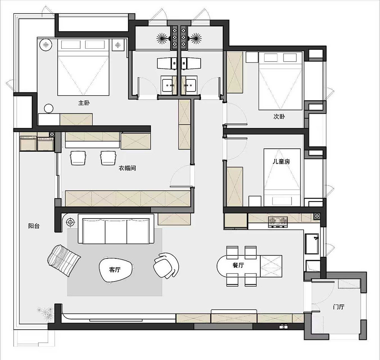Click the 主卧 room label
pyautogui.click(x=84, y=103)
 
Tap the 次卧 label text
pyautogui.click(x=279, y=117)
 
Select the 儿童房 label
pyautogui.click(x=281, y=162)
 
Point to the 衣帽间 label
pyautogui.click(x=127, y=168)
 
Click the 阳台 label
pyautogui.click(x=34, y=226)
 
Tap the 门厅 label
pyautogui.click(x=339, y=307)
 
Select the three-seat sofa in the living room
pyautogui.click(x=116, y=229)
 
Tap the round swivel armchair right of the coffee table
pyautogui.click(x=166, y=265)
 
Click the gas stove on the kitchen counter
pyautogui.click(x=278, y=222)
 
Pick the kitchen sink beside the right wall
pyautogui.click(x=312, y=244)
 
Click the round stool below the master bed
pyautogui.click(x=49, y=108)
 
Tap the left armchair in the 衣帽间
pyautogui.click(x=78, y=158)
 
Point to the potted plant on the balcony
pyautogui.click(x=45, y=313)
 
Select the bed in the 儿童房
pyautogui.click(x=282, y=178)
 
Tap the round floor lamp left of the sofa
pyautogui.click(x=71, y=222)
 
